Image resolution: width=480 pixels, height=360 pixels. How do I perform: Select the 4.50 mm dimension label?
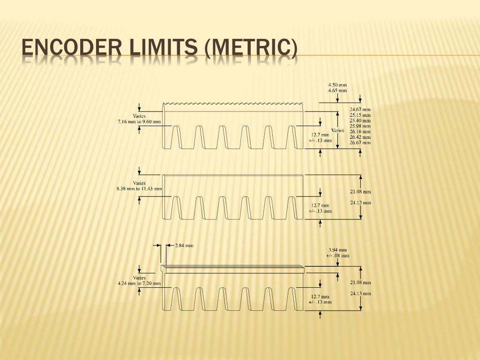coord(337,85)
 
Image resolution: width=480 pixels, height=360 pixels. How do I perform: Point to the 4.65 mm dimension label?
coord(337,90)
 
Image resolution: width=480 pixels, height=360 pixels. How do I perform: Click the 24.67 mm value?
coord(360,109)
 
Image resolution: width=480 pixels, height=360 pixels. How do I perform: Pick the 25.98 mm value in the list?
coord(360,126)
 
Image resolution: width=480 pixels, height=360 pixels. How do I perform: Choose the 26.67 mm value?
coord(360,142)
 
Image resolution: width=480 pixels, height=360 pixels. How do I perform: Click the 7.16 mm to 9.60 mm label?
coord(139,122)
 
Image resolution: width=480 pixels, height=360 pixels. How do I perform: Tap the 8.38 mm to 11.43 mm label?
coord(139,189)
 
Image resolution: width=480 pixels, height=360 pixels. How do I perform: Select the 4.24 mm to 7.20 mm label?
coord(139,283)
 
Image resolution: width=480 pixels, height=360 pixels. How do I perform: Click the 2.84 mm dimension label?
coord(184,245)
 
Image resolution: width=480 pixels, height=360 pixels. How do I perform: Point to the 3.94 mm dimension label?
coord(337,250)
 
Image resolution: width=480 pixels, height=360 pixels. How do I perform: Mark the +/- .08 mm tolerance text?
coord(337,255)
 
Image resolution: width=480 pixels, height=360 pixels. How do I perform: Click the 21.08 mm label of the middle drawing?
coord(360,191)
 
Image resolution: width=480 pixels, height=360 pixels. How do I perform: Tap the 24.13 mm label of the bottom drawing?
coord(360,294)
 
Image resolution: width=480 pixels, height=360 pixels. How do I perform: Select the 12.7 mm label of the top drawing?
coord(320,135)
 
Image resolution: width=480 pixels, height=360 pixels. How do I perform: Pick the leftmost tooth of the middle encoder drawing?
coord(176,207)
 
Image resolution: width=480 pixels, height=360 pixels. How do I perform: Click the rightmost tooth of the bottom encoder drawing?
coord(292,299)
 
